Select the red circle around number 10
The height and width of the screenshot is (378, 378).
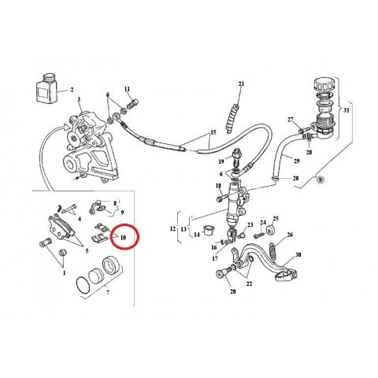(x=125, y=236)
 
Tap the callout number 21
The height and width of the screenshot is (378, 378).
(x=241, y=83)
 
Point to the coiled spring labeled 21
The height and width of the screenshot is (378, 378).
(x=232, y=118)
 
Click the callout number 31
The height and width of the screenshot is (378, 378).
(x=346, y=110)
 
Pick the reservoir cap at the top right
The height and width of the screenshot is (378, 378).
(x=324, y=84)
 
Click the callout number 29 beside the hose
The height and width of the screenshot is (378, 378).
(x=297, y=161)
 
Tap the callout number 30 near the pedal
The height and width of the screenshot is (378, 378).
(x=298, y=254)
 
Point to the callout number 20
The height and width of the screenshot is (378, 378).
(x=233, y=291)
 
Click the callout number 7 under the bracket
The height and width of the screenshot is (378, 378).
(x=108, y=292)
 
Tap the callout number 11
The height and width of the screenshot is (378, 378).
(x=127, y=89)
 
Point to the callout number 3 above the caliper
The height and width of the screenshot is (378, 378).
(x=79, y=99)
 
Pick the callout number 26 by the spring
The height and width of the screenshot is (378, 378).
(x=290, y=235)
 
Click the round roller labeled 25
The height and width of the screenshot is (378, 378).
(x=270, y=230)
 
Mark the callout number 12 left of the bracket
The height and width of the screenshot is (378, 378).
(x=172, y=228)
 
